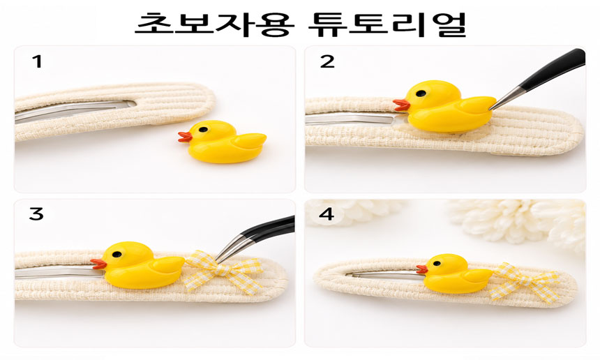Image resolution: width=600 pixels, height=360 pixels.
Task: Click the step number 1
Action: point(37,61)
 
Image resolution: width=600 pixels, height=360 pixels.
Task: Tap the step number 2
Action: point(327,61)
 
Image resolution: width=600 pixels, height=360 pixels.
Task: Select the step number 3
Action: point(36,214)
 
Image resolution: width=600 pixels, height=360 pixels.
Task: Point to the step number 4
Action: point(327,214)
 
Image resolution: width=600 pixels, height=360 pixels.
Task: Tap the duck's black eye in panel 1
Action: point(204,129)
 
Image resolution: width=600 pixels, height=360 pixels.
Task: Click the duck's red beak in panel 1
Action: point(185,137)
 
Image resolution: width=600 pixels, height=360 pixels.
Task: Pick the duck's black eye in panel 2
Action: point(421,93)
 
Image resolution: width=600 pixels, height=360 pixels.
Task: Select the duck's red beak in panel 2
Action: point(401,105)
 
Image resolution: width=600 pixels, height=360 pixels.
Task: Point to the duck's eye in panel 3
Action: point(117,254)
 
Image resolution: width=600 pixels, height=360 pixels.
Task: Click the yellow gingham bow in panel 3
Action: point(224,271)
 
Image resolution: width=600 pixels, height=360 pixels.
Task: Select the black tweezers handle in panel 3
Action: point(268,228)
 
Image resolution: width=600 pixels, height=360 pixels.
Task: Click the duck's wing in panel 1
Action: point(250,140)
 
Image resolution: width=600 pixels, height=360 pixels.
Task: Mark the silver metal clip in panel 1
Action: point(75,110)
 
